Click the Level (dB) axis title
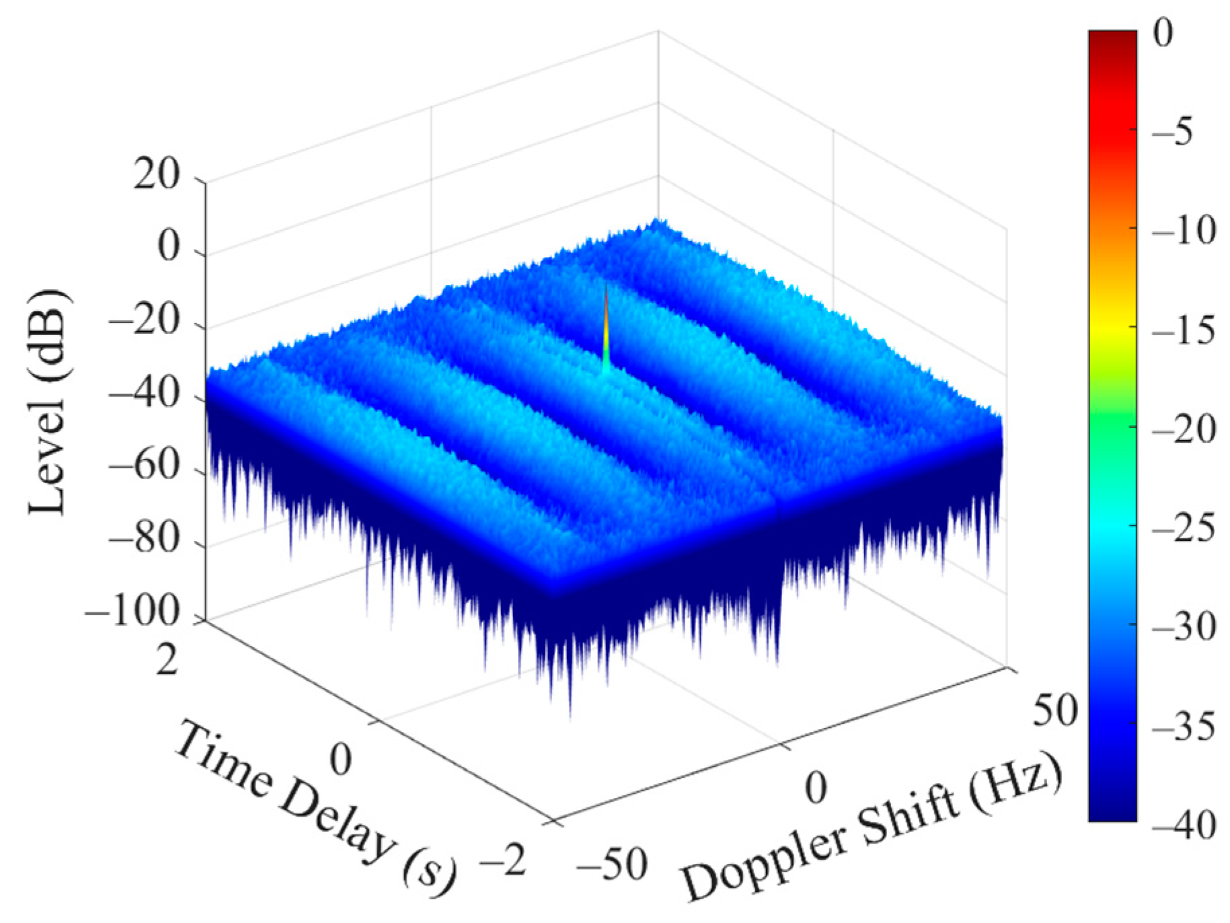pos(48,402)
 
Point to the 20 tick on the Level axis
pos(156,176)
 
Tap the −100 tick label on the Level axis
pos(133,612)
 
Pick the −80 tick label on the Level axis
pos(145,539)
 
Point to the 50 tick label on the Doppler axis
pos(1054,710)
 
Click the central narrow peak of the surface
pos(606,323)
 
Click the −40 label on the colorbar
pos(1184,825)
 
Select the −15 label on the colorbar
pos(1184,331)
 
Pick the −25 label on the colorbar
pos(1184,529)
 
